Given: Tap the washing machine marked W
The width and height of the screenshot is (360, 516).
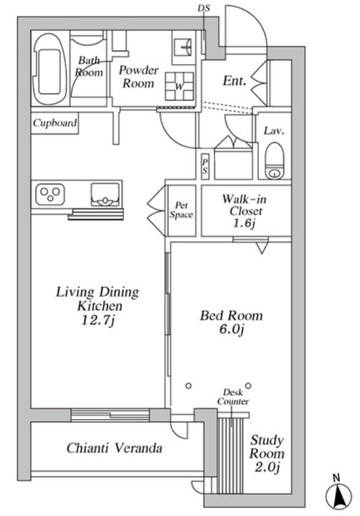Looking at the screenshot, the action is [x=179, y=86].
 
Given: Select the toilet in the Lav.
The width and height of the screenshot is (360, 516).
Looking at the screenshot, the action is [x=275, y=161].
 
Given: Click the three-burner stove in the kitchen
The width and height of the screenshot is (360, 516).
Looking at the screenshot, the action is [x=50, y=194].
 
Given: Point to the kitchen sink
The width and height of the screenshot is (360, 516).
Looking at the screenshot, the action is [x=105, y=195].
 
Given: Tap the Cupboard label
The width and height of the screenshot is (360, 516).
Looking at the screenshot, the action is [x=55, y=123].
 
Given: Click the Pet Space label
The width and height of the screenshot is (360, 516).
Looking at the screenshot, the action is [x=181, y=210].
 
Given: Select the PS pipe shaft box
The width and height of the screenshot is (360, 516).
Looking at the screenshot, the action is [x=205, y=166].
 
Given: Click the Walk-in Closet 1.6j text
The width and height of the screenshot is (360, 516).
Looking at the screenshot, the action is [x=245, y=211].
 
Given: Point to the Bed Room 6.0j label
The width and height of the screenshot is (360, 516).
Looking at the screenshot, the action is [x=232, y=322].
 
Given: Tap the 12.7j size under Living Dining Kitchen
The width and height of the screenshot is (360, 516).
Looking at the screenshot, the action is [x=98, y=320].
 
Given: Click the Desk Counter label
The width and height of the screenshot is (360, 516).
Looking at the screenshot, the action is [x=233, y=396].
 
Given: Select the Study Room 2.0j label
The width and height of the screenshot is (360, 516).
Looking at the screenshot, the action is [x=267, y=454].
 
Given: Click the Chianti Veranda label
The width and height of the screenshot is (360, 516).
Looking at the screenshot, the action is [x=114, y=448].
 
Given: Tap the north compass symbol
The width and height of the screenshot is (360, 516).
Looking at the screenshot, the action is [x=339, y=494].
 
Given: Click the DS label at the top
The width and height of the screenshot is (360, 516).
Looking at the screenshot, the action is [x=204, y=8].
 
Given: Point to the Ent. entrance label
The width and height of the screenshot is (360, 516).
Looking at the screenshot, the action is [x=235, y=80].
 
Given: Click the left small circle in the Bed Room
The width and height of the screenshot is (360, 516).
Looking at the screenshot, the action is [x=189, y=386].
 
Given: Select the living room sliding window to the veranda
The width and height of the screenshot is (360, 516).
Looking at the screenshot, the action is [x=110, y=414].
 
